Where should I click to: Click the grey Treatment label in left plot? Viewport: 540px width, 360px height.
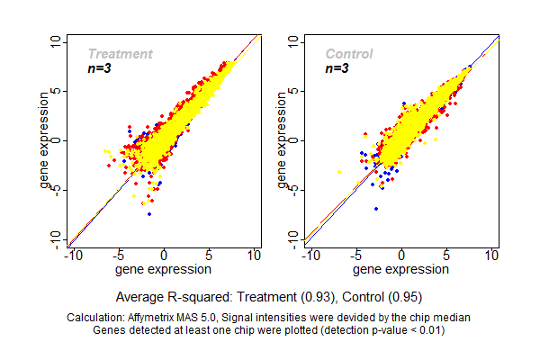pos(120,54)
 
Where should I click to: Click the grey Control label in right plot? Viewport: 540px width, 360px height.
pos(349,54)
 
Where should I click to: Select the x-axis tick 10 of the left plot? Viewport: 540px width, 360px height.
pos(255,256)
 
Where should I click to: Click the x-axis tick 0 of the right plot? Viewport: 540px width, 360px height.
pos(401,256)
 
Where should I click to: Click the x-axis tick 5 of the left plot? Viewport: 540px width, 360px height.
pos(210,256)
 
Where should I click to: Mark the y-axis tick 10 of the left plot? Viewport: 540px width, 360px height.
pos(56,42)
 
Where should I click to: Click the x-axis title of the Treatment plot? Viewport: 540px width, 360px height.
pos(164,269)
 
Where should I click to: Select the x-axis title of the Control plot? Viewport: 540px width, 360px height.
pos(400,269)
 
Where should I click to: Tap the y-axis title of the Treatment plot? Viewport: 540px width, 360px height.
pos(44,141)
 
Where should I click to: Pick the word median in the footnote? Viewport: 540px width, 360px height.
pos(451,318)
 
